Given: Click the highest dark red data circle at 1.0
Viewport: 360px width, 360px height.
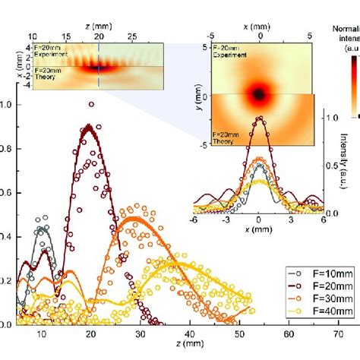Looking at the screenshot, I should [93, 105].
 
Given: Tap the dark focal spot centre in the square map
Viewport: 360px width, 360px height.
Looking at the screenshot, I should [259, 93].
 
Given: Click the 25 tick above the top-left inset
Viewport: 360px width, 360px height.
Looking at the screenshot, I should [132, 35].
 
